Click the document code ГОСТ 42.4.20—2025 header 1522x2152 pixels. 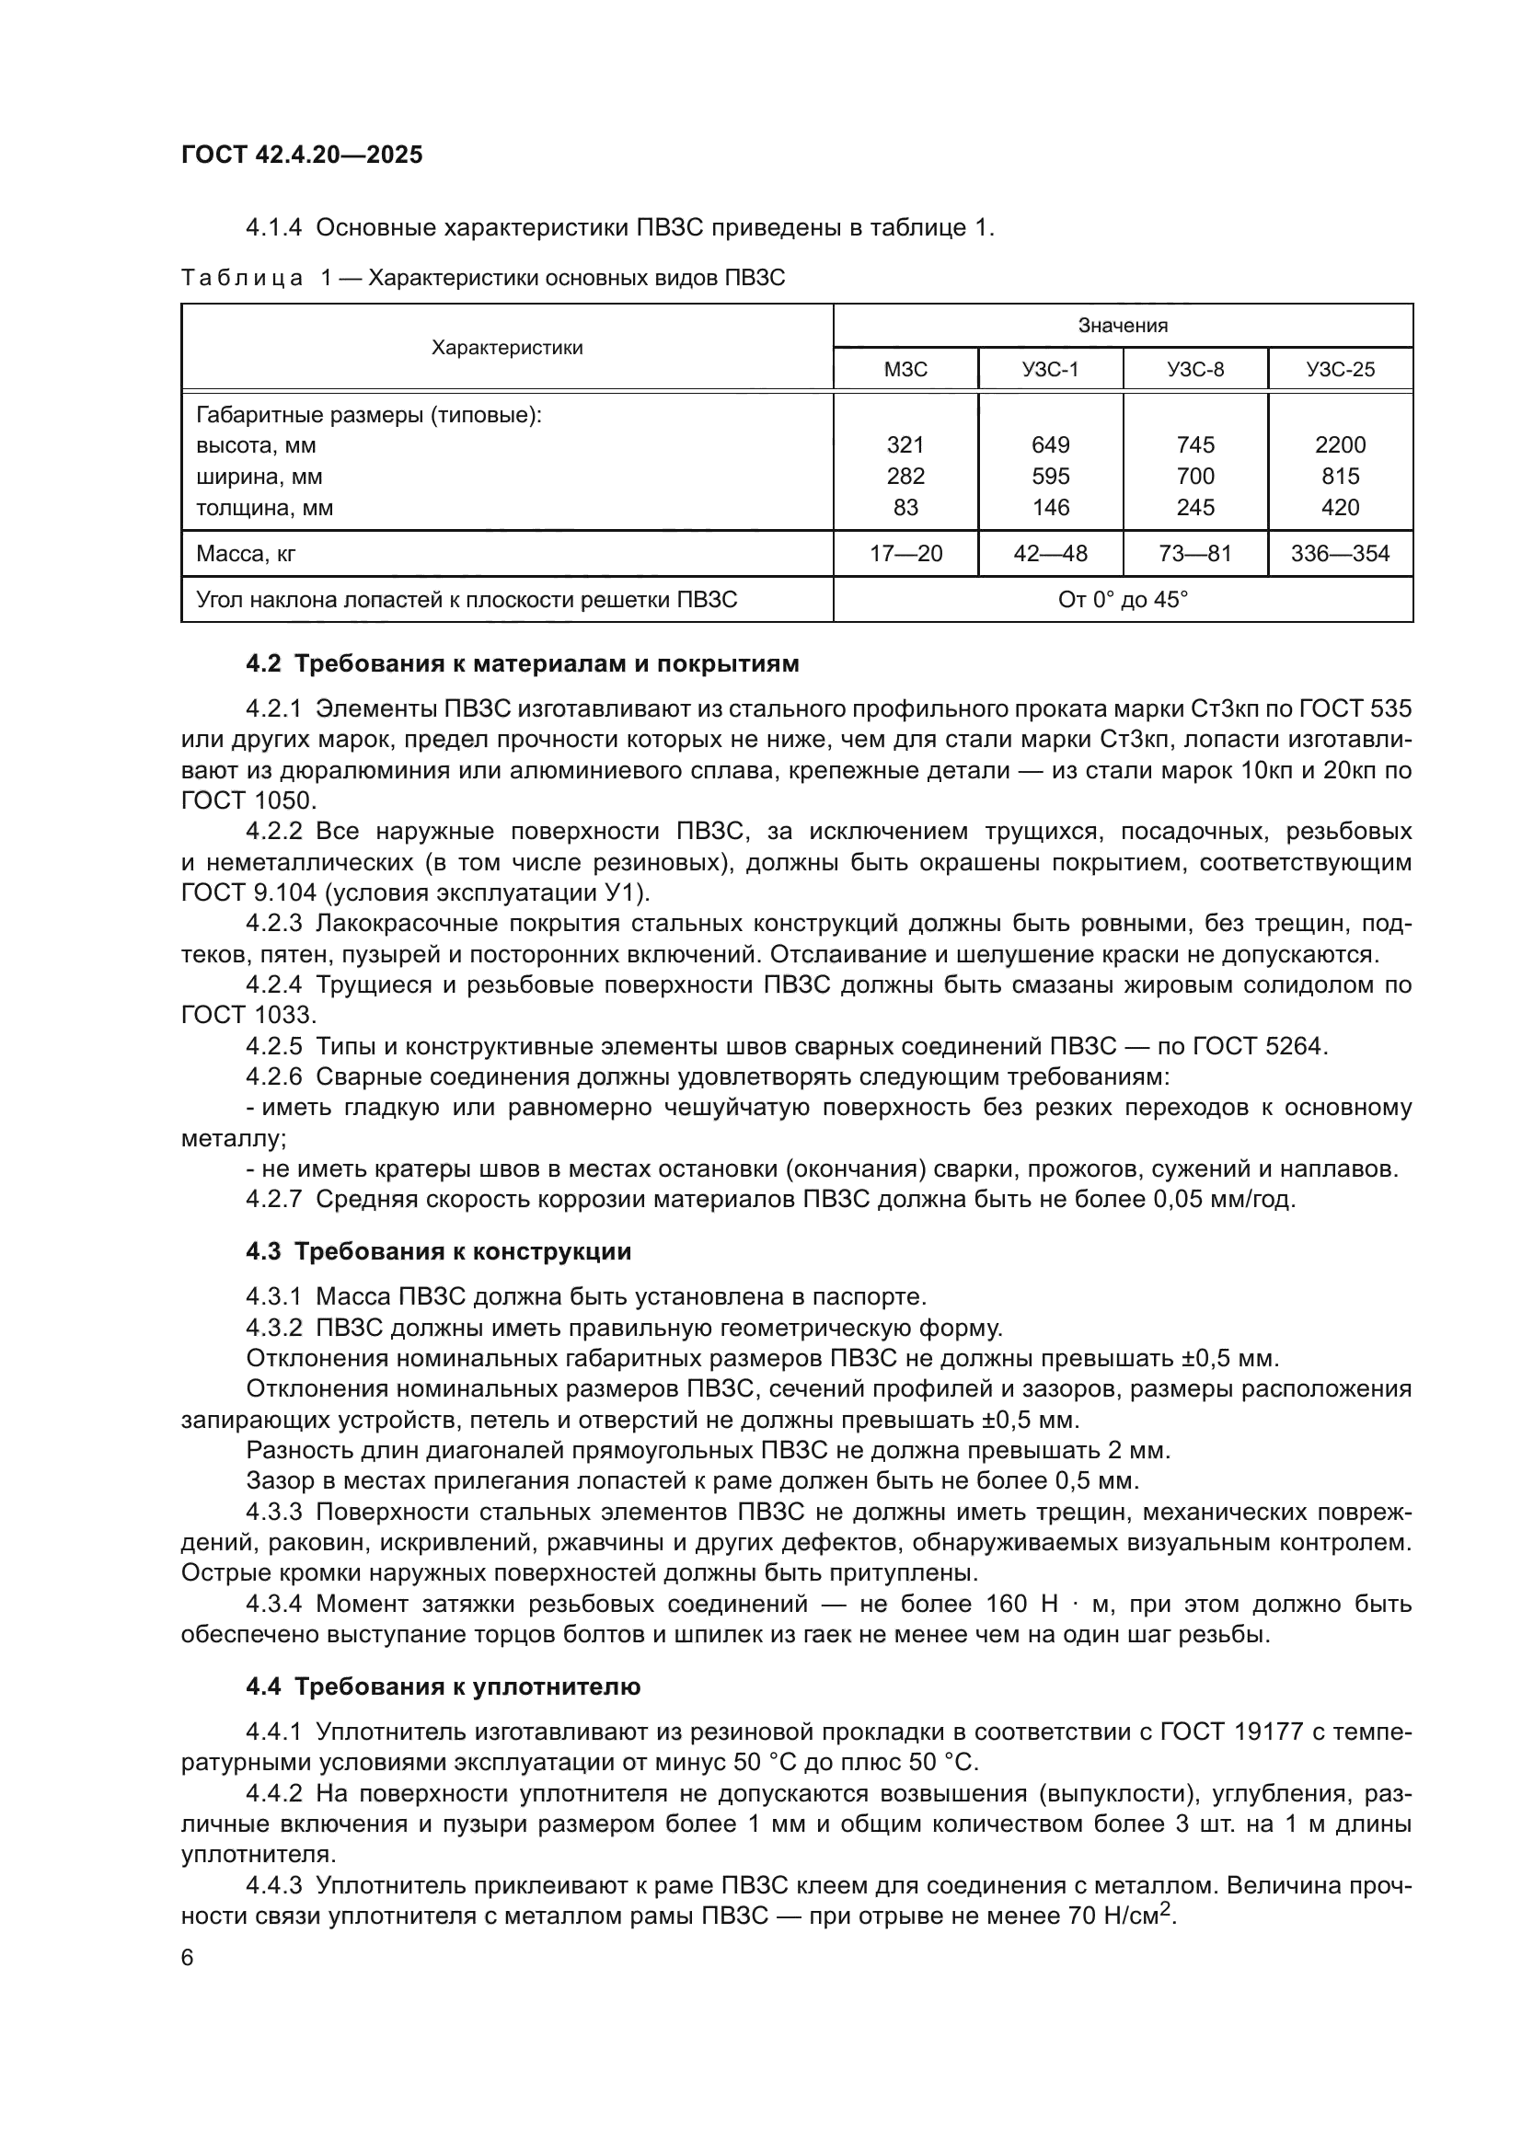pyautogui.click(x=302, y=155)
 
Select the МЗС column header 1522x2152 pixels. pyautogui.click(x=905, y=369)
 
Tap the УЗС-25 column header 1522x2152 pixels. pyautogui.click(x=1339, y=369)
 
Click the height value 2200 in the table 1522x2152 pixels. pyautogui.click(x=1339, y=445)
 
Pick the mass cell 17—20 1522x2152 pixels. pyautogui.click(x=905, y=554)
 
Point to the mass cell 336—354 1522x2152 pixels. pyautogui.click(x=1339, y=554)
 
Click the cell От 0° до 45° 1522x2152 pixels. pyautogui.click(x=1122, y=599)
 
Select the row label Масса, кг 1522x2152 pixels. pyautogui.click(x=246, y=554)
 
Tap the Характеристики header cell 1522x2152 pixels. pyautogui.click(x=506, y=348)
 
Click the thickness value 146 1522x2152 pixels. pyautogui.click(x=1050, y=507)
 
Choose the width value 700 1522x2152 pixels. pyautogui.click(x=1195, y=477)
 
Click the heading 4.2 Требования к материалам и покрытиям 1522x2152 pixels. pyautogui.click(x=522, y=663)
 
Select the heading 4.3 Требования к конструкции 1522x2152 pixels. pyautogui.click(x=438, y=1251)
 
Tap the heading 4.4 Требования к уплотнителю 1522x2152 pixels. pyautogui.click(x=443, y=1686)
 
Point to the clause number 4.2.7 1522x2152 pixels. pyautogui.click(x=273, y=1199)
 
